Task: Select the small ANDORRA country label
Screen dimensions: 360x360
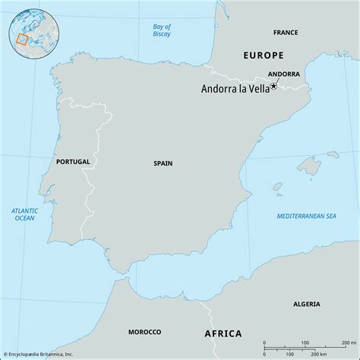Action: point(284,74)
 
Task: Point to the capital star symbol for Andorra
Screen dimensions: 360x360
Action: point(274,86)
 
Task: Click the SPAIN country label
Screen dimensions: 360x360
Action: point(163,162)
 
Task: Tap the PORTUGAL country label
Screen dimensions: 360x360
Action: point(73,162)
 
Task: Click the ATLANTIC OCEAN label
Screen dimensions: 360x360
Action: point(24,215)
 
